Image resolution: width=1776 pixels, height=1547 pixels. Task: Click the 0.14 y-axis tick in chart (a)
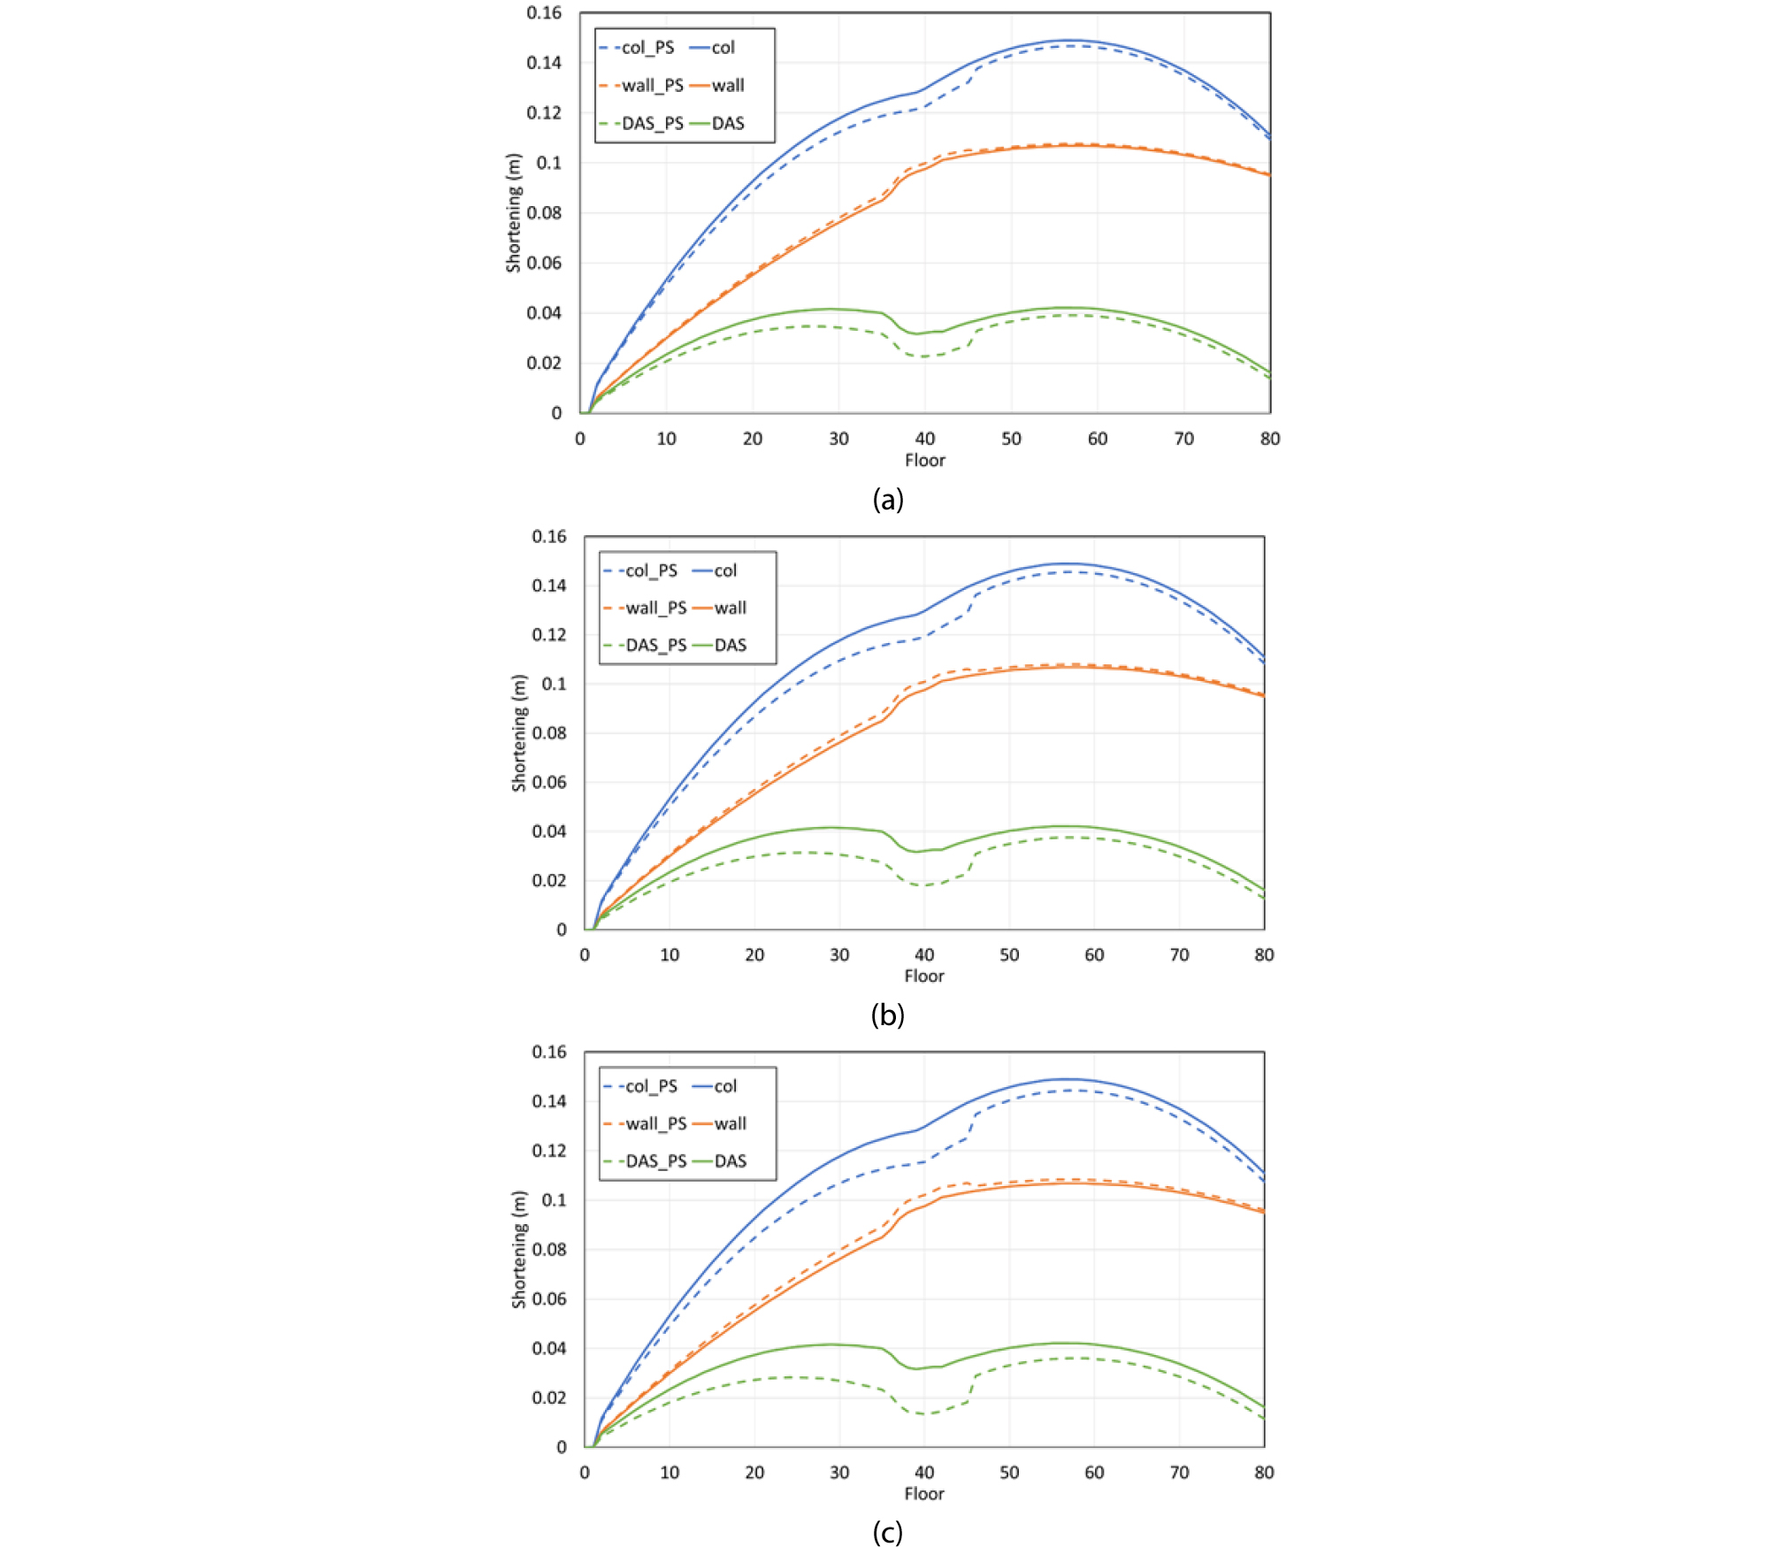pos(544,63)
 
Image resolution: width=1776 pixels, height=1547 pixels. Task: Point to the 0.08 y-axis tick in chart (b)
pos(548,732)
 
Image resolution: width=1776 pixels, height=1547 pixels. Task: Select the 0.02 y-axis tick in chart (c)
pos(548,1398)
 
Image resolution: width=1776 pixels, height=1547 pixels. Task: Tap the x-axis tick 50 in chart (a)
pos(1011,439)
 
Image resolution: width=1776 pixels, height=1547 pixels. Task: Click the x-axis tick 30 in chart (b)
pos(839,955)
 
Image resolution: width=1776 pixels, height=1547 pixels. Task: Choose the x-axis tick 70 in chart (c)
pos(1179,1473)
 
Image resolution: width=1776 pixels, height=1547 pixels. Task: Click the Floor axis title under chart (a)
pos(924,461)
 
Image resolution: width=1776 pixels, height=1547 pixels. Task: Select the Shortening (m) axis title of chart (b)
pos(519,733)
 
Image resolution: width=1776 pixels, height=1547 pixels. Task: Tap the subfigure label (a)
pos(887,500)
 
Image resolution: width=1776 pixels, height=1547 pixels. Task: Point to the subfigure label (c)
pos(887,1531)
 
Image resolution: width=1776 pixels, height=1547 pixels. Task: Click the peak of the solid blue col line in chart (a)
pos(1068,41)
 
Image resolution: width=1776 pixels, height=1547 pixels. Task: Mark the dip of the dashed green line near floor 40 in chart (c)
pos(923,1413)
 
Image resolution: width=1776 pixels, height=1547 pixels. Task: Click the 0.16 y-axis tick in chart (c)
pos(548,1052)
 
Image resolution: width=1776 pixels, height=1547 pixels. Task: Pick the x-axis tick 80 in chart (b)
pos(1264,955)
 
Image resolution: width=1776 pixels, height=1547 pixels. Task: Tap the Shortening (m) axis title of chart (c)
pos(519,1249)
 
